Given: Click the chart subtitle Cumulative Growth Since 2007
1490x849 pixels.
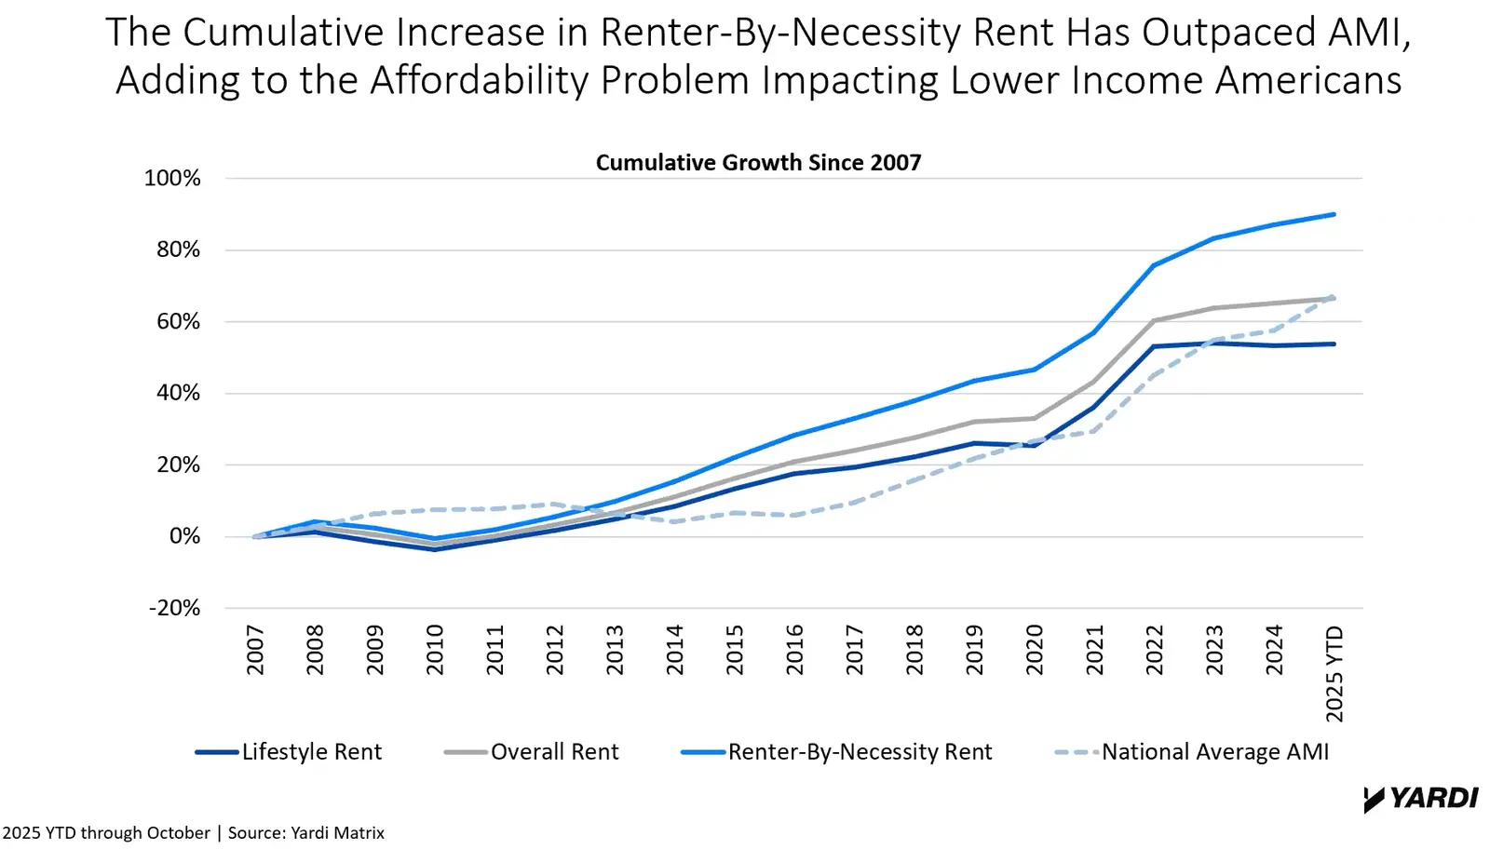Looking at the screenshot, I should pos(758,163).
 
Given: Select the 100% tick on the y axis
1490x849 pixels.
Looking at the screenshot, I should pos(172,178).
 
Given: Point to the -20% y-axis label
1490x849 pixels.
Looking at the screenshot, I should pos(174,608).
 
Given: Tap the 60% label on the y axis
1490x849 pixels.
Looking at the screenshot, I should pos(178,321).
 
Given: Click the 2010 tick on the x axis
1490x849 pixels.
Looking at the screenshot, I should pos(435,650).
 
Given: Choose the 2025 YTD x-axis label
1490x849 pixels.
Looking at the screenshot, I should pos(1334,673).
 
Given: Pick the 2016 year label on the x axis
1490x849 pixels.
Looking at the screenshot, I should pos(794,650).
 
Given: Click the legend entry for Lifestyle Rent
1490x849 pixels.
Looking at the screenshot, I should pos(289,751).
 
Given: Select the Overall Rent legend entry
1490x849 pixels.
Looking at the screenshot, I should pos(532,751).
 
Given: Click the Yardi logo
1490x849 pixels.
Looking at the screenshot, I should pos(1421,799).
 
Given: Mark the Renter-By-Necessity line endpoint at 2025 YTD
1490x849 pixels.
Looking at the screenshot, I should pos(1334,214).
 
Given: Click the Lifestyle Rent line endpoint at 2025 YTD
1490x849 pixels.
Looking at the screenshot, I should pos(1334,344).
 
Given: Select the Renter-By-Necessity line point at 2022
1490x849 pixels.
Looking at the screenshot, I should pos(1154,265).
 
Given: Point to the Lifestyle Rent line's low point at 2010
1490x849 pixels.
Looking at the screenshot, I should pos(435,549).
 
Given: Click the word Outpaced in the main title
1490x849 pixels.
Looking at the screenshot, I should pos(1214,32).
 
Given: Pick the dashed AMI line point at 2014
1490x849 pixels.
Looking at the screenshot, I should pos(674,521).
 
